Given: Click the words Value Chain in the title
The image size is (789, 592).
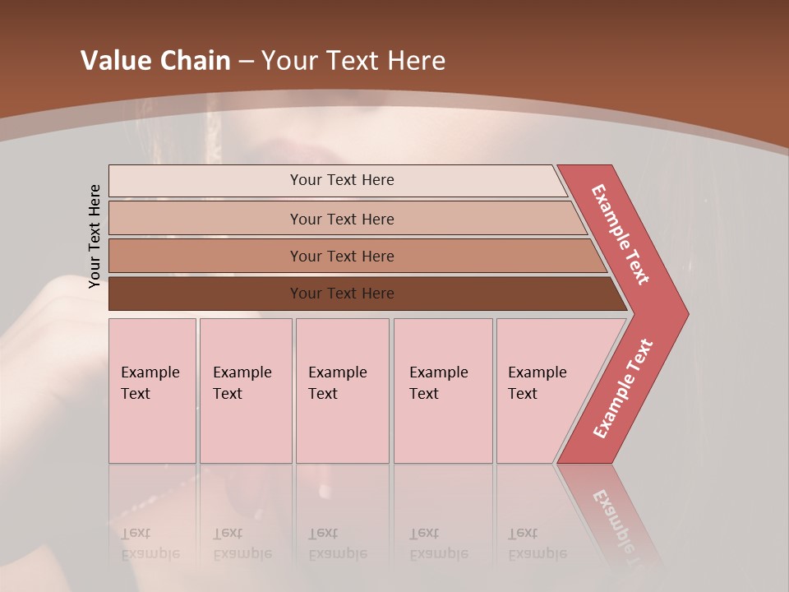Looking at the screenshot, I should tap(155, 61).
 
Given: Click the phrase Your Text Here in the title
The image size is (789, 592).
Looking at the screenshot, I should tap(353, 61).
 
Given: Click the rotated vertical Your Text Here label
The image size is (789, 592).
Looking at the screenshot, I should tap(95, 236).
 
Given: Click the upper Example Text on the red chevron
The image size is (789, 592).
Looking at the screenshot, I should tap(621, 234).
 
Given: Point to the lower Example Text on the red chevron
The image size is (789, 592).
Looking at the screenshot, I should tap(623, 389).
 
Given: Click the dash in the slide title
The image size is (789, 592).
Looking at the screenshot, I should tap(246, 62).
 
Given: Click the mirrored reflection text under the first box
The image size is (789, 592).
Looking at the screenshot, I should tap(150, 543).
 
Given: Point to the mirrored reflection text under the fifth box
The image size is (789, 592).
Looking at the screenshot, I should tap(537, 543).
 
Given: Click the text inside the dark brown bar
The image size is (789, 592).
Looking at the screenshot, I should tap(342, 294).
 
